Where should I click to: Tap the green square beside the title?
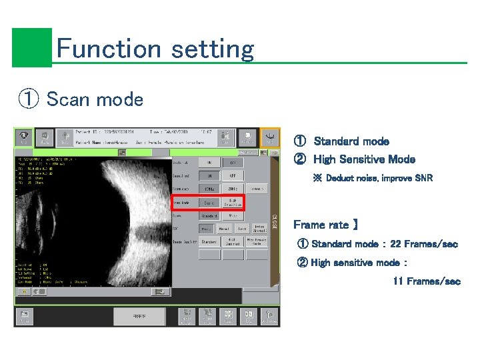31,47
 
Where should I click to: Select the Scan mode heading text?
95,100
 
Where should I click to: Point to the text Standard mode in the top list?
351,141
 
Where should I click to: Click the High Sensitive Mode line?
364,159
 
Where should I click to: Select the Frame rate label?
325,225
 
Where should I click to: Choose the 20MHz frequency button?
232,189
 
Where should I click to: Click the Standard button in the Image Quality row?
209,241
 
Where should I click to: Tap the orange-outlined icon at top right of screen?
270,137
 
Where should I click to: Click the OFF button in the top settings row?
232,162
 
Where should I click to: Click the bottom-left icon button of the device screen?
25,316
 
